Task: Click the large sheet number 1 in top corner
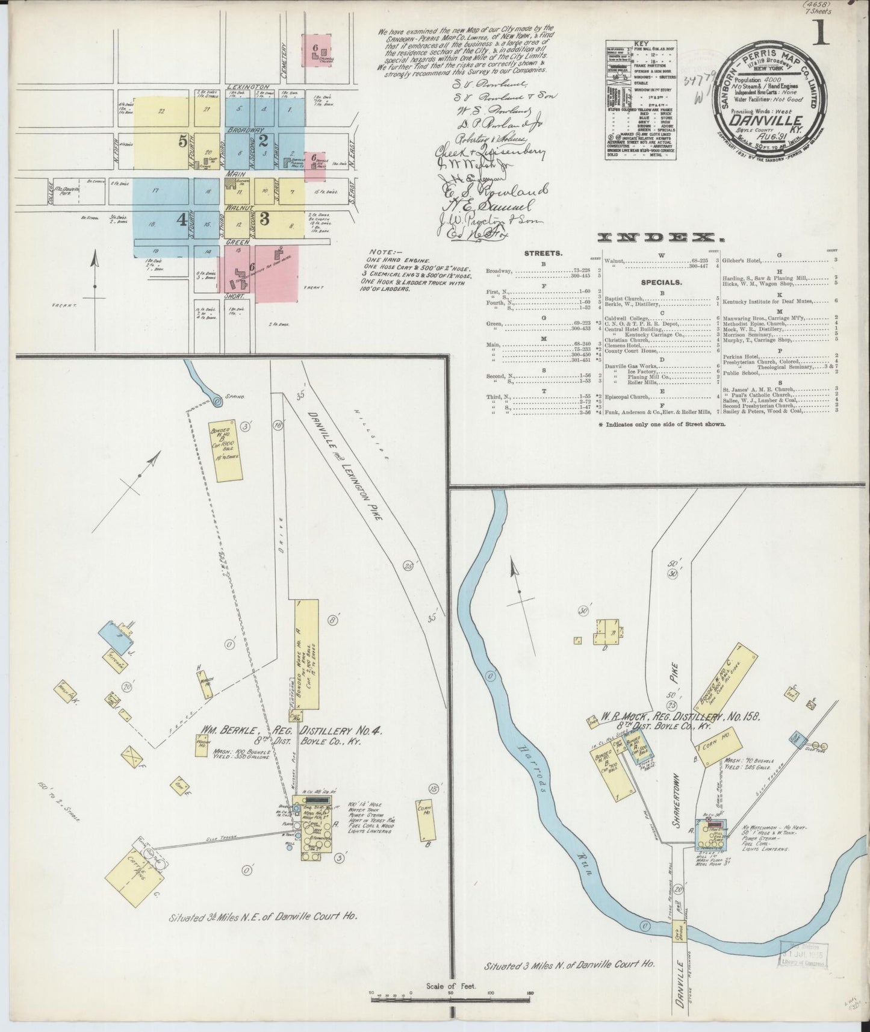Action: (821, 32)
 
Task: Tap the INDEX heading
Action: (659, 237)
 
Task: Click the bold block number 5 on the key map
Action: (182, 141)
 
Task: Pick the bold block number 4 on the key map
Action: (181, 220)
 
